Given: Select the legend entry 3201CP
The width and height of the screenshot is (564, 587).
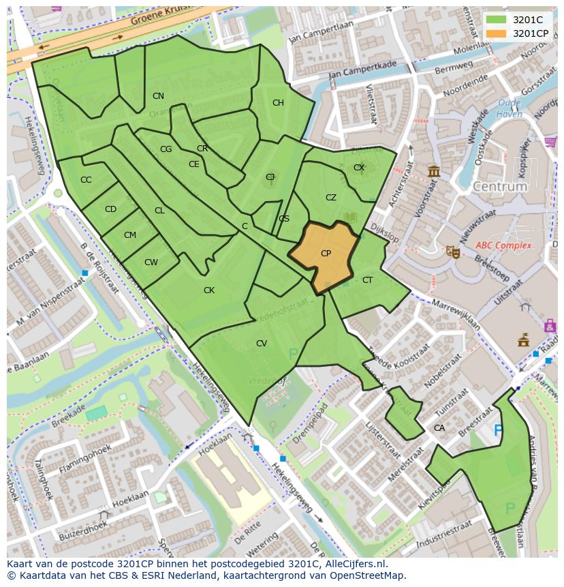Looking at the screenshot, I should tap(530, 33).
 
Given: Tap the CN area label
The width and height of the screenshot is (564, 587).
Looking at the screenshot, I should tap(158, 96).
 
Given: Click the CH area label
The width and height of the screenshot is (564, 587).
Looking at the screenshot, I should tap(278, 103).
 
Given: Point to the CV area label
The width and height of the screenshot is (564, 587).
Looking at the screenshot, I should tap(262, 344).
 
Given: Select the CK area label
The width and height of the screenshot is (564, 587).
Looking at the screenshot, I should tap(209, 290).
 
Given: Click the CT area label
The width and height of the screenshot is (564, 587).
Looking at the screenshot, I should tap(367, 280).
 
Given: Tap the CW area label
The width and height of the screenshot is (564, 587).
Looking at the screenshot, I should tap(151, 262).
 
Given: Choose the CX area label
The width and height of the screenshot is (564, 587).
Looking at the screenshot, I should tap(359, 168).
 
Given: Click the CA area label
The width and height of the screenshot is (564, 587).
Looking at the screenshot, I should tap(439, 428).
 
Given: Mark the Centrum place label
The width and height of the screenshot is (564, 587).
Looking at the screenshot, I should tap(500, 186).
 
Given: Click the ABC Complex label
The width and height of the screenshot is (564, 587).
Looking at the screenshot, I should tap(503, 245).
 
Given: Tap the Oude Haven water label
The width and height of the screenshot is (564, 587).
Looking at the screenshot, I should tap(509, 109).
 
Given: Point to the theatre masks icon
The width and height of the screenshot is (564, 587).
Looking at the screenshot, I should tap(451, 251).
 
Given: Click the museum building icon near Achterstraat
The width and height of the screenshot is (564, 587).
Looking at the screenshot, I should tap(433, 170).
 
